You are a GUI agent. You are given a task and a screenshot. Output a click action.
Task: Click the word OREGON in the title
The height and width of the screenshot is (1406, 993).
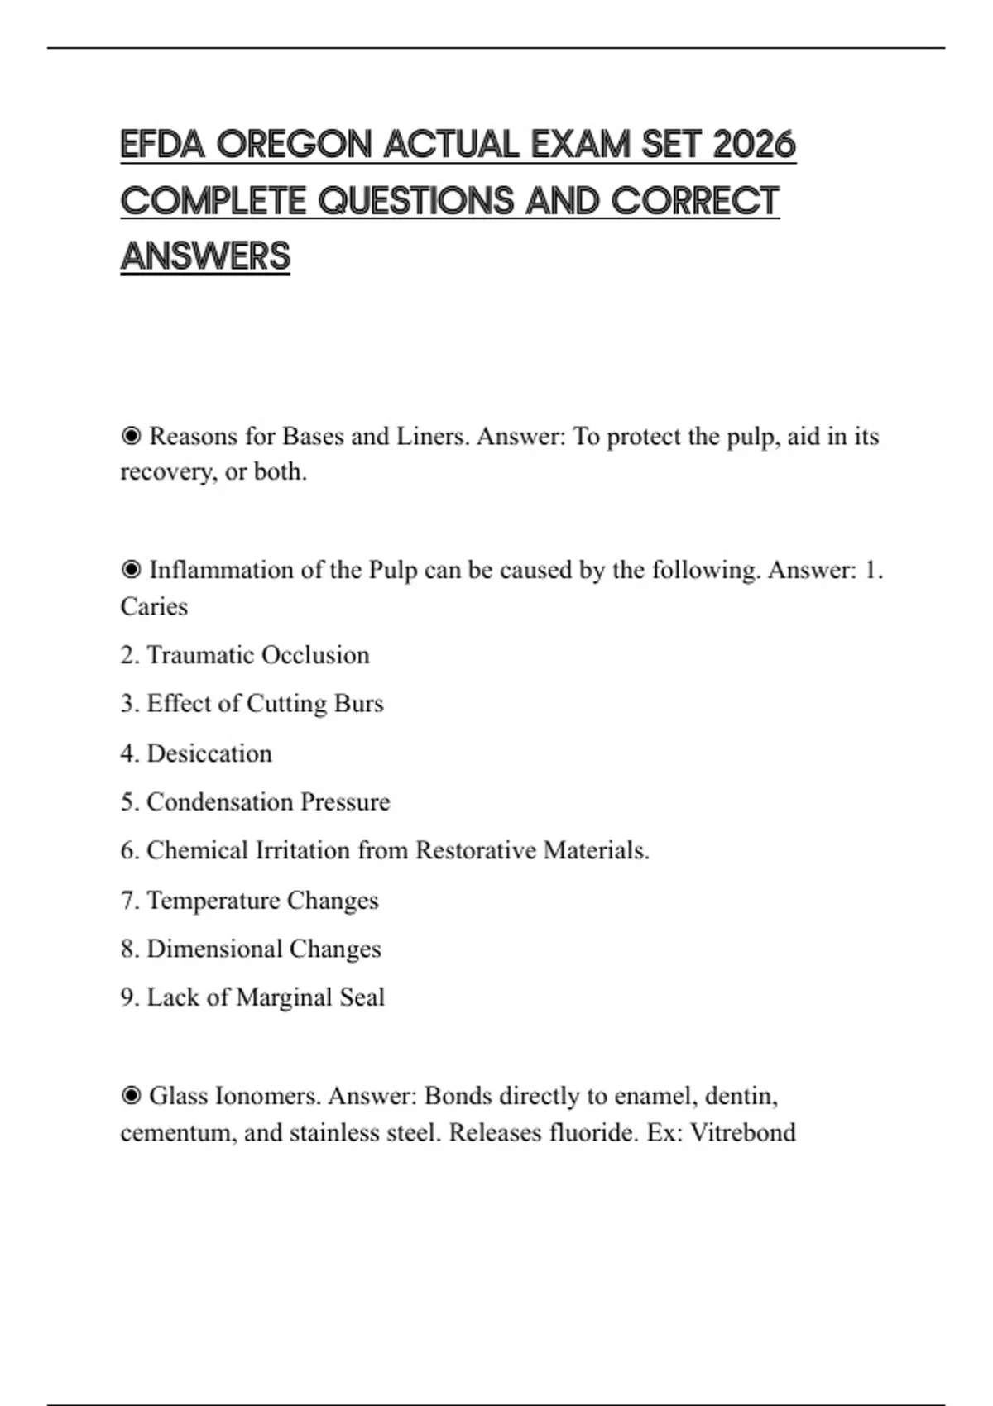click(294, 145)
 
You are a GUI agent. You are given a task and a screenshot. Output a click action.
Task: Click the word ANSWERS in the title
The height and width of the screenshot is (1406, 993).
click(205, 256)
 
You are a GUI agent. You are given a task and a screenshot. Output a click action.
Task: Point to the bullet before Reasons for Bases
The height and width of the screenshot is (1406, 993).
click(131, 436)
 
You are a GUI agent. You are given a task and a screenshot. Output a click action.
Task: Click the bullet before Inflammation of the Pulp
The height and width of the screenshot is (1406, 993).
click(131, 570)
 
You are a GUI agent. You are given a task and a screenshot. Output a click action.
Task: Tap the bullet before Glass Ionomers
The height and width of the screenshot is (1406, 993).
click(131, 1096)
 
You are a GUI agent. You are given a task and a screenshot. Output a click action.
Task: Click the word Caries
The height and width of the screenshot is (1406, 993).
click(154, 606)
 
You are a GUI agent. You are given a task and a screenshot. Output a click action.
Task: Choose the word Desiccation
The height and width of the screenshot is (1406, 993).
click(209, 753)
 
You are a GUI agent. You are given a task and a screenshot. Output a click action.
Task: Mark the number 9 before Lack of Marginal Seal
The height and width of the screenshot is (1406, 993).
click(127, 997)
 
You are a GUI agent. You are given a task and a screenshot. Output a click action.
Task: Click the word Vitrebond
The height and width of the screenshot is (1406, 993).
click(742, 1132)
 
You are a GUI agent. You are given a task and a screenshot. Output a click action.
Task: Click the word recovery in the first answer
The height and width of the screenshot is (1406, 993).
click(168, 472)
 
